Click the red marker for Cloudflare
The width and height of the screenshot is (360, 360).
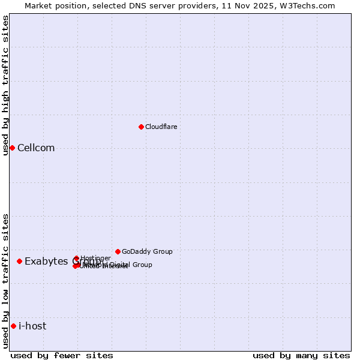(141, 127)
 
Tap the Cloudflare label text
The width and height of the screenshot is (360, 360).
(161, 127)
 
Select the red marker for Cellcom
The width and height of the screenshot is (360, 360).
(12, 148)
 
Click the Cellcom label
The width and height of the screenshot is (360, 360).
(36, 148)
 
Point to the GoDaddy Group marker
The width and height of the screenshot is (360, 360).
(118, 251)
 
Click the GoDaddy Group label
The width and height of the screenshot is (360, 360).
(147, 251)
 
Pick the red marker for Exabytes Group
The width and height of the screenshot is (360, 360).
(20, 261)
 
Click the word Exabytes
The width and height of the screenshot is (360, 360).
(47, 261)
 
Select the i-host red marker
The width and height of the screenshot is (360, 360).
(13, 326)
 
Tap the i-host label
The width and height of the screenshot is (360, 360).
(32, 326)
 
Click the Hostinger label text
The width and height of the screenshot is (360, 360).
(95, 258)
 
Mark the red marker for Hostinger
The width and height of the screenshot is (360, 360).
(76, 259)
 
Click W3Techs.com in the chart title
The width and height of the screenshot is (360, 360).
(305, 5)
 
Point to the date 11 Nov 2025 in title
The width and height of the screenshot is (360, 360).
(245, 5)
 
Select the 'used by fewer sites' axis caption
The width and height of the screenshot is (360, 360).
(62, 355)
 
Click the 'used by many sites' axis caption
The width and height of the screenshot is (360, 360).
(301, 355)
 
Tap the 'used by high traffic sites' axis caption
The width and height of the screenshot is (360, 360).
(5, 85)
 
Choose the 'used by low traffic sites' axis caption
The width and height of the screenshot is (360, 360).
(5, 281)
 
